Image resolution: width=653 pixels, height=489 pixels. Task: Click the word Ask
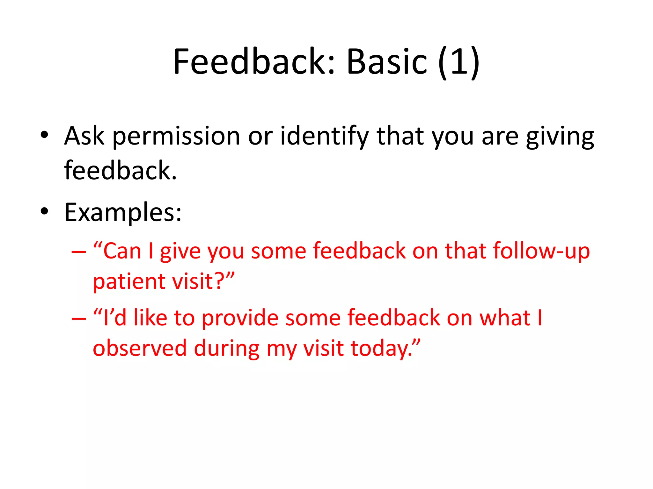84,136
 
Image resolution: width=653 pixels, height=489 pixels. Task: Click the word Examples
123,213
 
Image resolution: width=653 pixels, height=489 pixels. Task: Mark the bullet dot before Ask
45,135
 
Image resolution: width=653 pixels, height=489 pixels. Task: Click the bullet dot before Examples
45,211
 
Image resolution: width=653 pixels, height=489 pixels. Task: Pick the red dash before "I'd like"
79,319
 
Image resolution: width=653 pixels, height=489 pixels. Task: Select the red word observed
140,348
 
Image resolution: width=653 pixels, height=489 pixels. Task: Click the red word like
150,318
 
